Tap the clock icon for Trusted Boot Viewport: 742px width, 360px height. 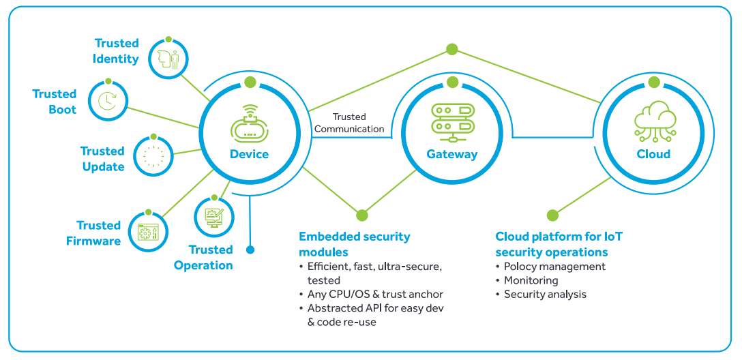point(106,100)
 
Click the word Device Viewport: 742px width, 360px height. point(250,154)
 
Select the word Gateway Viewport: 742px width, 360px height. point(452,154)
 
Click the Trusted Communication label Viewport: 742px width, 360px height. point(348,123)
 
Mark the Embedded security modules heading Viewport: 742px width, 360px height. point(355,243)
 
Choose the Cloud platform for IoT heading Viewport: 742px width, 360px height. point(559,243)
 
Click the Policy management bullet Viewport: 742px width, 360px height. point(554,267)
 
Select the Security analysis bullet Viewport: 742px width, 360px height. point(545,294)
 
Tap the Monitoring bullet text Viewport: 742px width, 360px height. point(531,280)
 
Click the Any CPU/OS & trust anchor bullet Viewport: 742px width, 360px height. point(375,294)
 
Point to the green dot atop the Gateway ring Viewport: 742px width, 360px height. point(452,82)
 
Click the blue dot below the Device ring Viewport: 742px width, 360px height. point(250,250)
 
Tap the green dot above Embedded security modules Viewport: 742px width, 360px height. point(362,215)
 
